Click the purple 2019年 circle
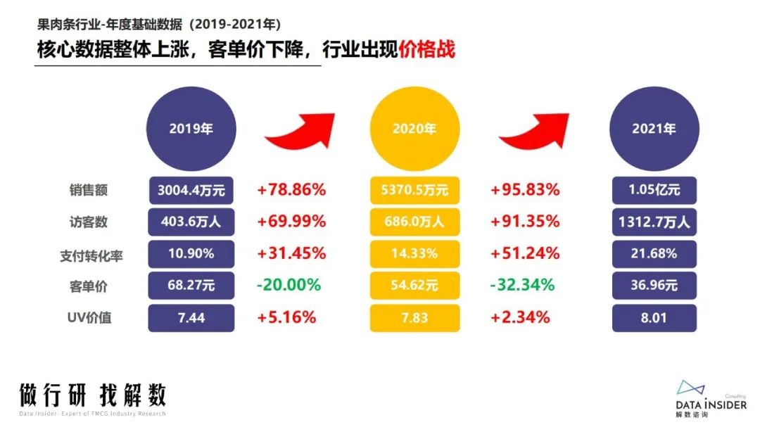pos(191,129)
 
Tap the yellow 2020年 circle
pos(414,129)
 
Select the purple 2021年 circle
pos(654,129)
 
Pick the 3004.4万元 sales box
pos(191,190)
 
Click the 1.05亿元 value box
pos(654,190)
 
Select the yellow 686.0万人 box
pos(414,222)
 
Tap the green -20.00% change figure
pos(289,285)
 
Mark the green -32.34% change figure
pos(523,285)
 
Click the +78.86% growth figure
pos(291,190)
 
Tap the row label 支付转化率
pos(91,254)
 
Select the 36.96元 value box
pos(654,285)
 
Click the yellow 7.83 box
pos(414,317)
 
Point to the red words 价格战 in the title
pos(426,50)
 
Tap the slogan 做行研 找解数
pos(93,395)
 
